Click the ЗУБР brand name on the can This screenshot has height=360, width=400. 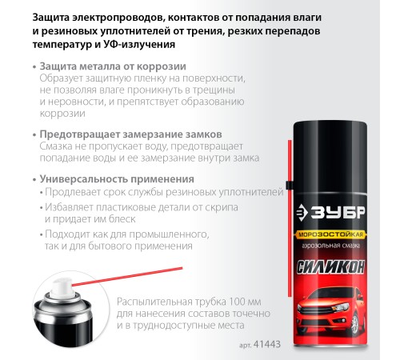(338, 212)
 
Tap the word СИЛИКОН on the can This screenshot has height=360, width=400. (330, 267)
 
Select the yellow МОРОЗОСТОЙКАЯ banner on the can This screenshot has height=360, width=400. (330, 234)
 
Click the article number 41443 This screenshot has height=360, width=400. (267, 344)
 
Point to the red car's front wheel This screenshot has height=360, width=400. (354, 325)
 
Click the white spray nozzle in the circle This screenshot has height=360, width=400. (62, 287)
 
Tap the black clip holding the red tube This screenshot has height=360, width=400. (289, 185)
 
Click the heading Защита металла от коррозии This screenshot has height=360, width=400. (113, 66)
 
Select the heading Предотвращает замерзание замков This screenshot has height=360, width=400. (130, 134)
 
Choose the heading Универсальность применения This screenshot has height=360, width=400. (117, 179)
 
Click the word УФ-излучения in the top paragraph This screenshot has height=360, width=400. (139, 44)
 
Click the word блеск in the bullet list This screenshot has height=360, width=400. (122, 219)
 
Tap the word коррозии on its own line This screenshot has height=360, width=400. (62, 114)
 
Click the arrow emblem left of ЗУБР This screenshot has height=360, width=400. (302, 213)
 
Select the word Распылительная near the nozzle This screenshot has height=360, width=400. (154, 302)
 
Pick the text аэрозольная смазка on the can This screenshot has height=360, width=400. (330, 246)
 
